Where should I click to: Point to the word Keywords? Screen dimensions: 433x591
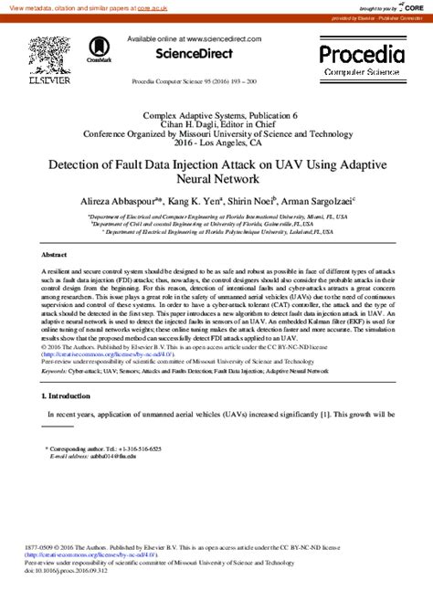click(x=55, y=372)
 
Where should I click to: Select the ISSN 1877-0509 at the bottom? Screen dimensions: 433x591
click(x=38, y=547)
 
